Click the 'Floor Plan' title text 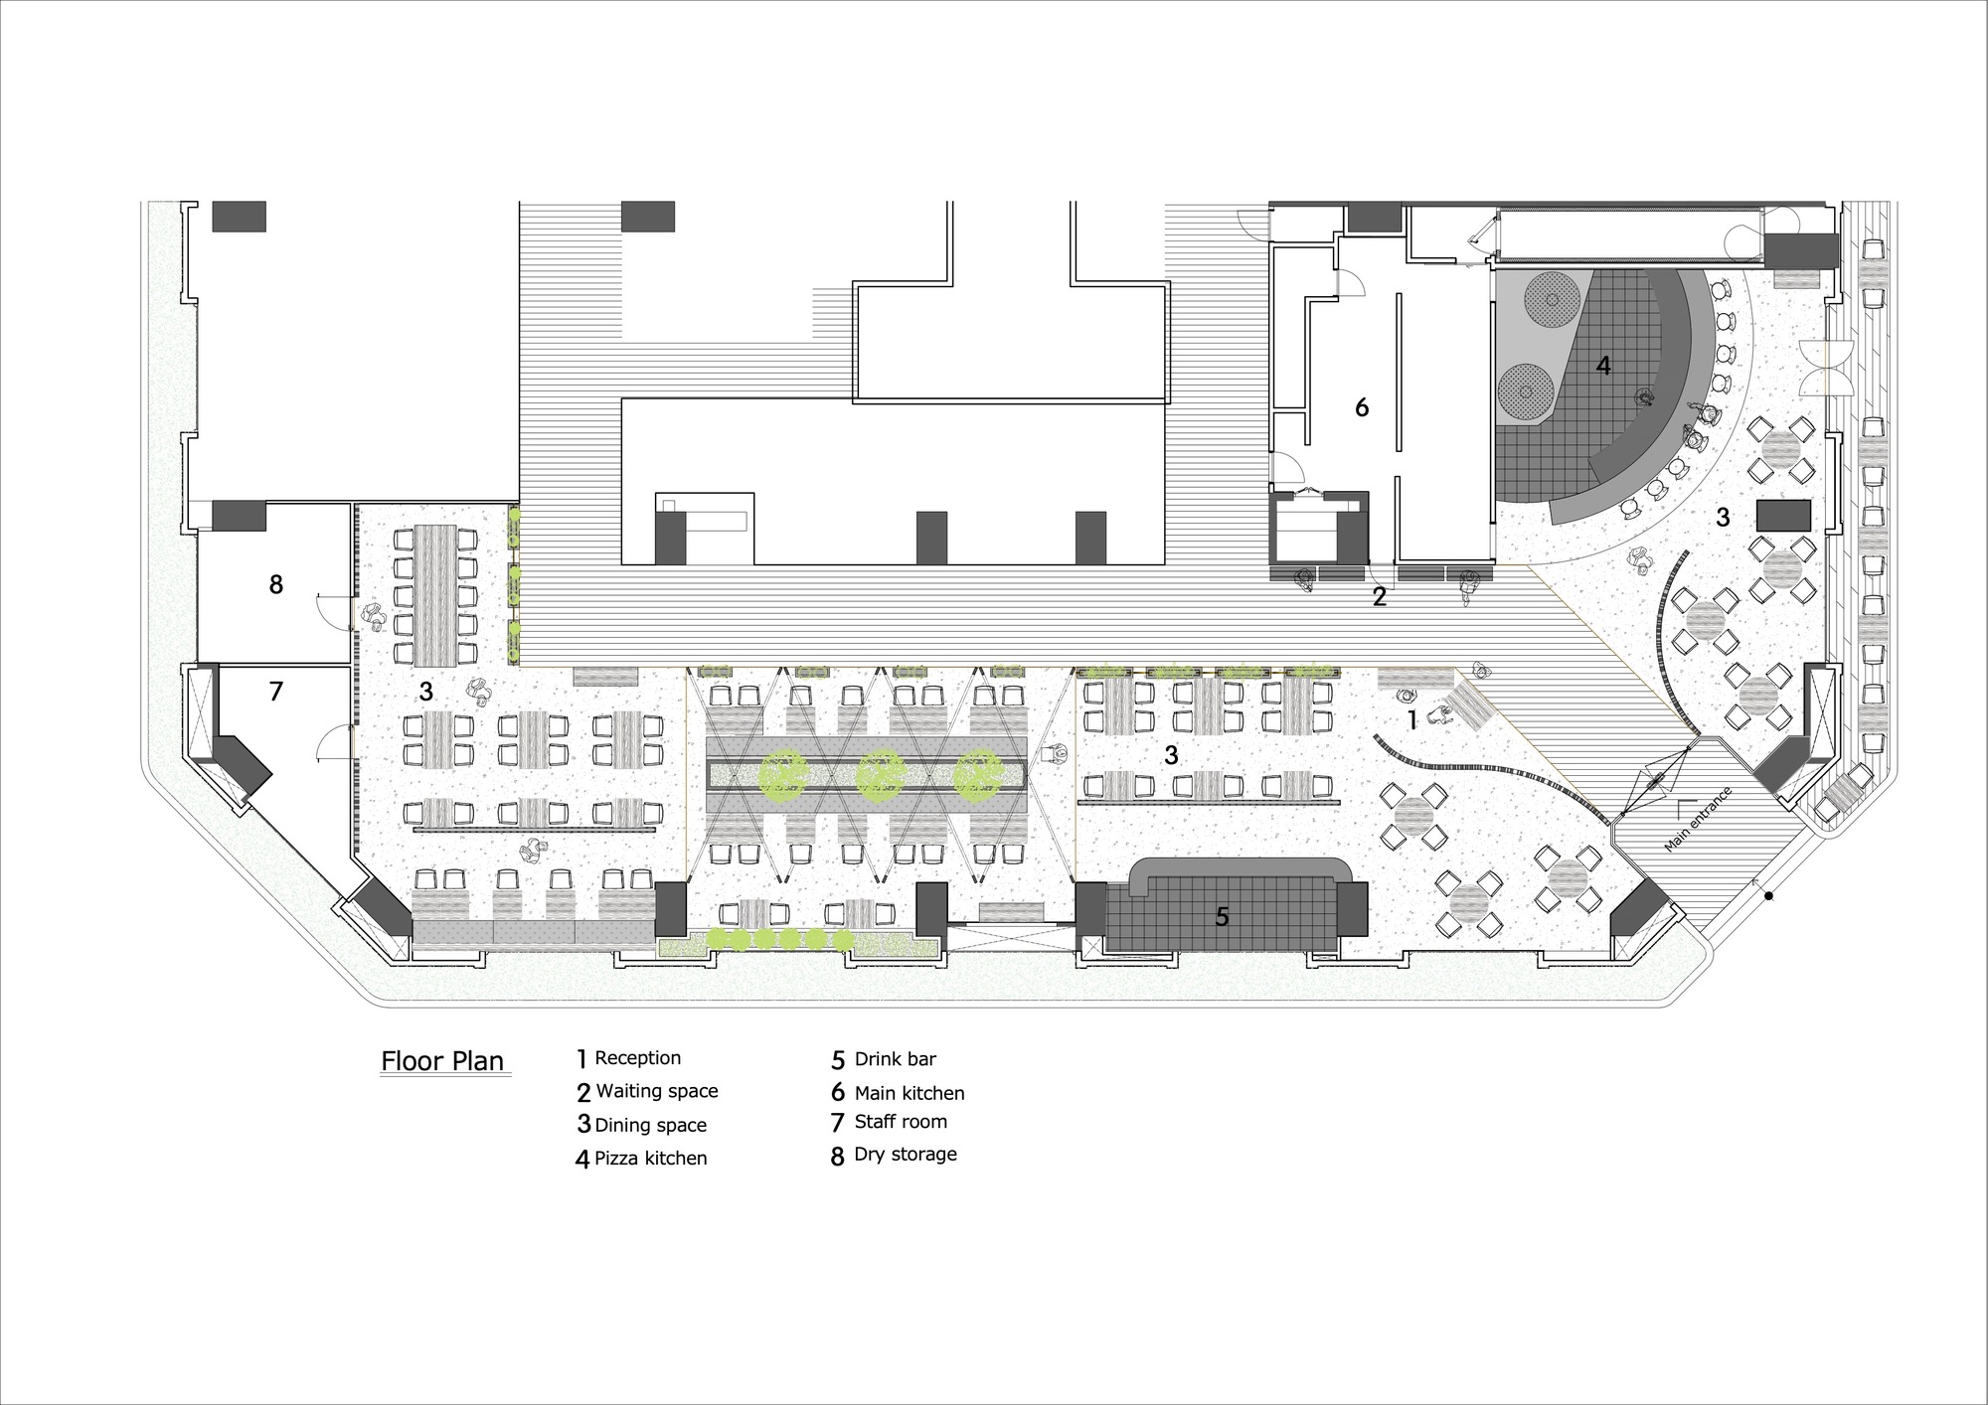(x=442, y=1061)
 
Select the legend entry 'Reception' (x=637, y=1058)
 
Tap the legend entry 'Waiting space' (x=656, y=1091)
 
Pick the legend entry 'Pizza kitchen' (x=650, y=1159)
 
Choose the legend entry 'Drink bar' (x=895, y=1059)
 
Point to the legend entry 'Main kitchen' (x=909, y=1093)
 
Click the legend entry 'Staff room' (x=901, y=1122)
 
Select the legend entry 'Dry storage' (x=905, y=1155)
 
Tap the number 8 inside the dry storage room (x=276, y=584)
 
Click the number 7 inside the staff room (x=276, y=691)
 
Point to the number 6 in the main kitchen (x=1362, y=406)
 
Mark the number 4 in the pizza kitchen (x=1602, y=366)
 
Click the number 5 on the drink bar (x=1223, y=917)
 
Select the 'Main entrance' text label (x=1698, y=819)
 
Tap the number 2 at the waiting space (x=1379, y=596)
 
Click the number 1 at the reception (x=1409, y=717)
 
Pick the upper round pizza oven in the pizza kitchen (x=1551, y=295)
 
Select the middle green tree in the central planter (x=881, y=775)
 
